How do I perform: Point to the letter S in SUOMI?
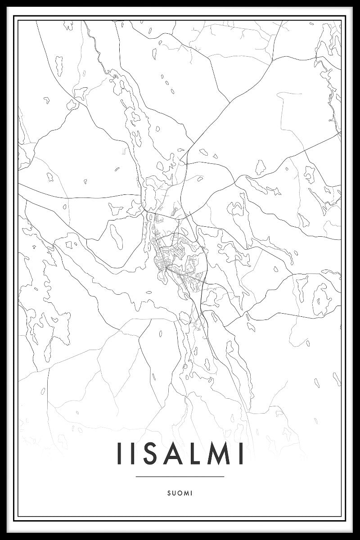click(x=168, y=493)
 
